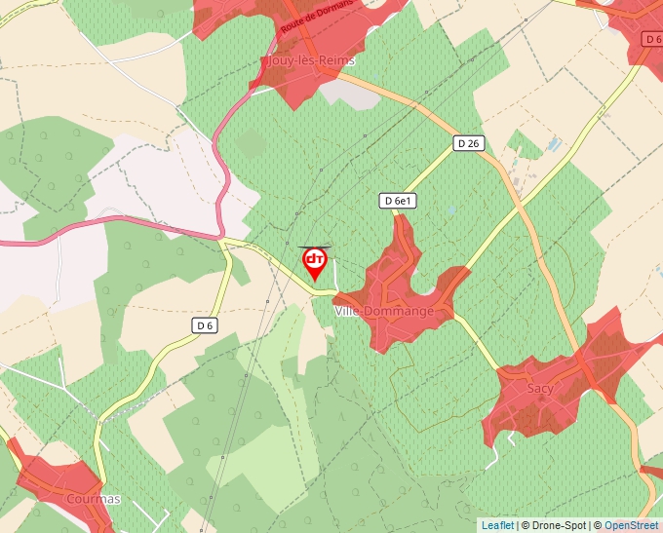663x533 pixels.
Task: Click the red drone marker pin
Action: click(315, 261)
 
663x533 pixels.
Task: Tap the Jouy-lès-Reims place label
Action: click(310, 60)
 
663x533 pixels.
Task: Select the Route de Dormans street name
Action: click(316, 17)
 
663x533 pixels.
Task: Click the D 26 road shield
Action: click(469, 143)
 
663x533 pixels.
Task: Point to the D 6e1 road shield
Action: click(398, 201)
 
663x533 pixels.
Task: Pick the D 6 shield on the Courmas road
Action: click(204, 325)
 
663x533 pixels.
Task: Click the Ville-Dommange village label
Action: click(384, 311)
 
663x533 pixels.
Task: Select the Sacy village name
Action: click(539, 388)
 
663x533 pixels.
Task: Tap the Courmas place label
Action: click(94, 499)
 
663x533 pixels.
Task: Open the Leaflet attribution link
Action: click(497, 525)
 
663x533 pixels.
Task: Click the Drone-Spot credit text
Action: click(557, 525)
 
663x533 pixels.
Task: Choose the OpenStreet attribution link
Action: click(632, 525)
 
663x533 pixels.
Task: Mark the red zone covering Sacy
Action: click(575, 385)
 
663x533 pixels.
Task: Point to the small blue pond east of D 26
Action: click(554, 145)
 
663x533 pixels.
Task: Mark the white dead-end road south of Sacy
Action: click(509, 439)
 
